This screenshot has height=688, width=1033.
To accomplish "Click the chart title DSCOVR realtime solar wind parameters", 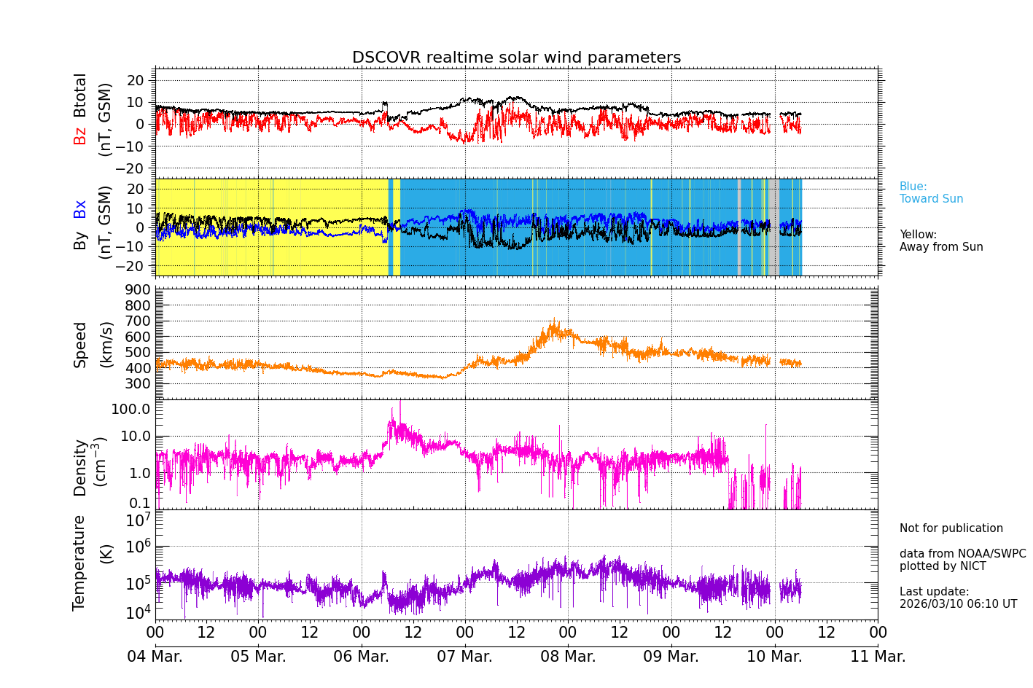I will click(x=516, y=58).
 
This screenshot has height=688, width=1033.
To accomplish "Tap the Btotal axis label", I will click(x=80, y=95).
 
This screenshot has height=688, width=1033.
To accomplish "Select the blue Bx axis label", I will click(x=80, y=208).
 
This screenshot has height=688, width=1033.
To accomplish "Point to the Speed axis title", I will click(x=80, y=344).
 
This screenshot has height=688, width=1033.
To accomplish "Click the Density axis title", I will click(x=80, y=467).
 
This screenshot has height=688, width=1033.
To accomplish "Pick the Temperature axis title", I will click(x=79, y=562).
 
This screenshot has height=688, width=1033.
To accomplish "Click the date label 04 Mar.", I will click(x=155, y=657).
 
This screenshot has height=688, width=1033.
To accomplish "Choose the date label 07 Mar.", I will click(x=464, y=657).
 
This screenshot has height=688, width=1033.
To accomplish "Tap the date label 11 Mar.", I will click(x=878, y=657).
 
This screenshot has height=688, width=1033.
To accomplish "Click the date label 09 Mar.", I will click(x=671, y=657).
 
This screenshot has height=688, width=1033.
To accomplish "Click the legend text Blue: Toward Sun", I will click(x=931, y=193).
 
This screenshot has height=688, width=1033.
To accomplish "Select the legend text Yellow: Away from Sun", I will click(x=941, y=241).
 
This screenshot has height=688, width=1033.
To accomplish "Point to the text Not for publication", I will click(x=951, y=528).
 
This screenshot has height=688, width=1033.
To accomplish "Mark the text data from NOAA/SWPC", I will click(x=962, y=554).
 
